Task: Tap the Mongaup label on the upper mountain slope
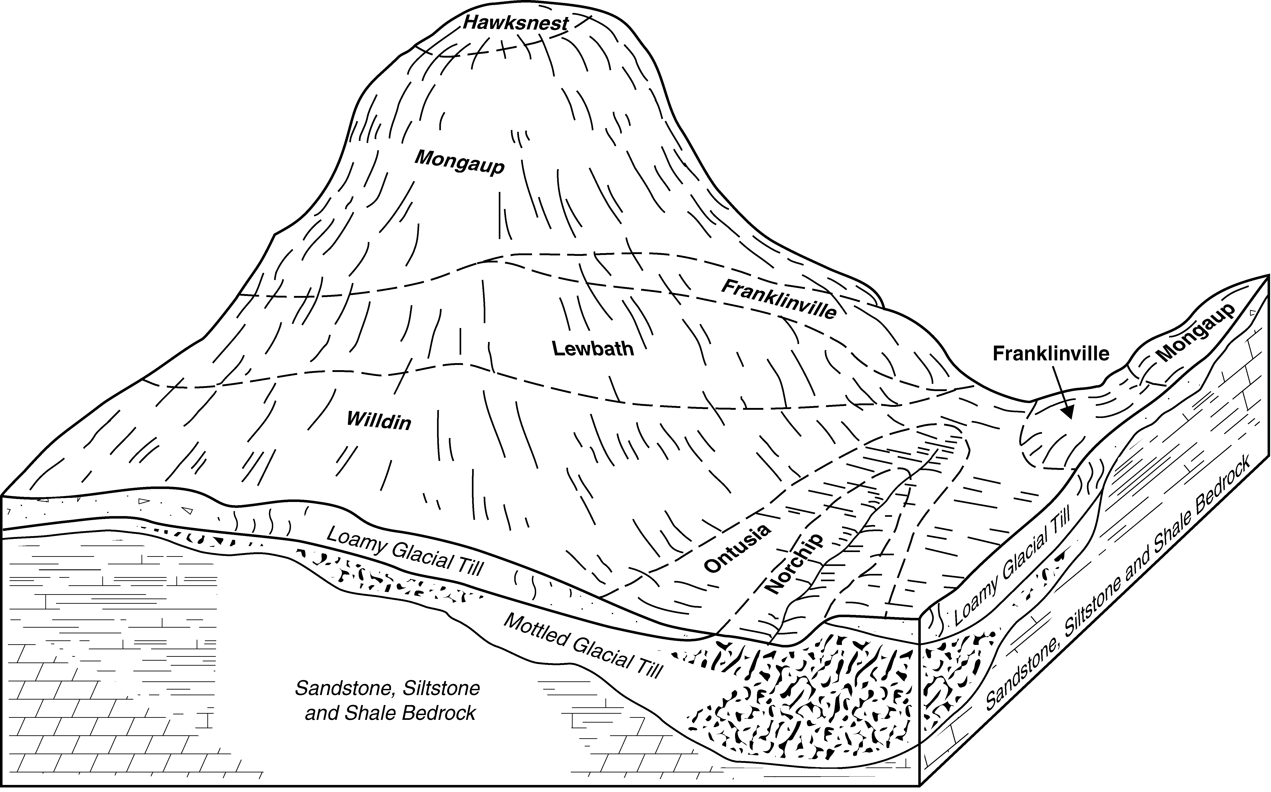tap(460, 162)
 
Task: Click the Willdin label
tap(379, 421)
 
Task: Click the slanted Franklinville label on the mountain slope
tap(778, 299)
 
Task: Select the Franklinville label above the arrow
tap(1051, 354)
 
